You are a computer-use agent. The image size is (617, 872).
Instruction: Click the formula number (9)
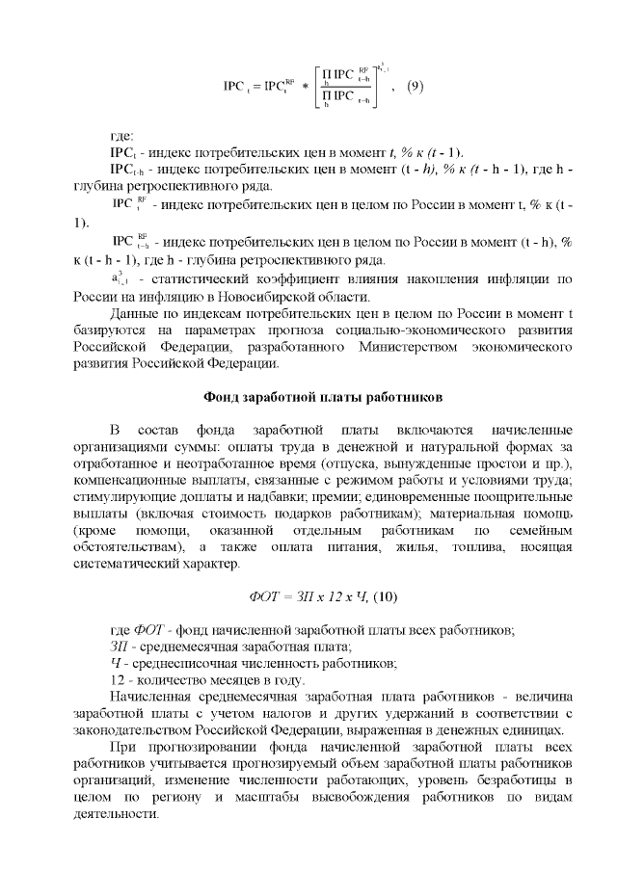(413, 87)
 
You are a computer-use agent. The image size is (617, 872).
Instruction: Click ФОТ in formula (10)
(264, 596)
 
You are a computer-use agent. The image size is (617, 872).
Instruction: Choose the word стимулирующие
(124, 496)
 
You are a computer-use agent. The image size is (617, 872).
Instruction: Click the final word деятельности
(113, 813)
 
